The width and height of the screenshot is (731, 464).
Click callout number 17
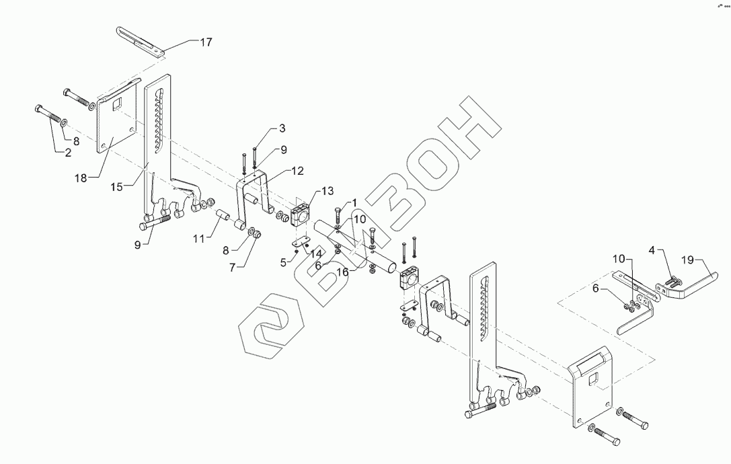[205, 42]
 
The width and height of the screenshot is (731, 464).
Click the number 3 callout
[282, 128]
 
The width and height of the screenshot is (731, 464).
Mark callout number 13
[328, 192]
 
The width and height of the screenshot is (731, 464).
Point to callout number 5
[283, 260]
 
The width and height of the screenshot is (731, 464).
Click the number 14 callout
[315, 254]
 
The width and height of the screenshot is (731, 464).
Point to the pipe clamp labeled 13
[299, 213]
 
